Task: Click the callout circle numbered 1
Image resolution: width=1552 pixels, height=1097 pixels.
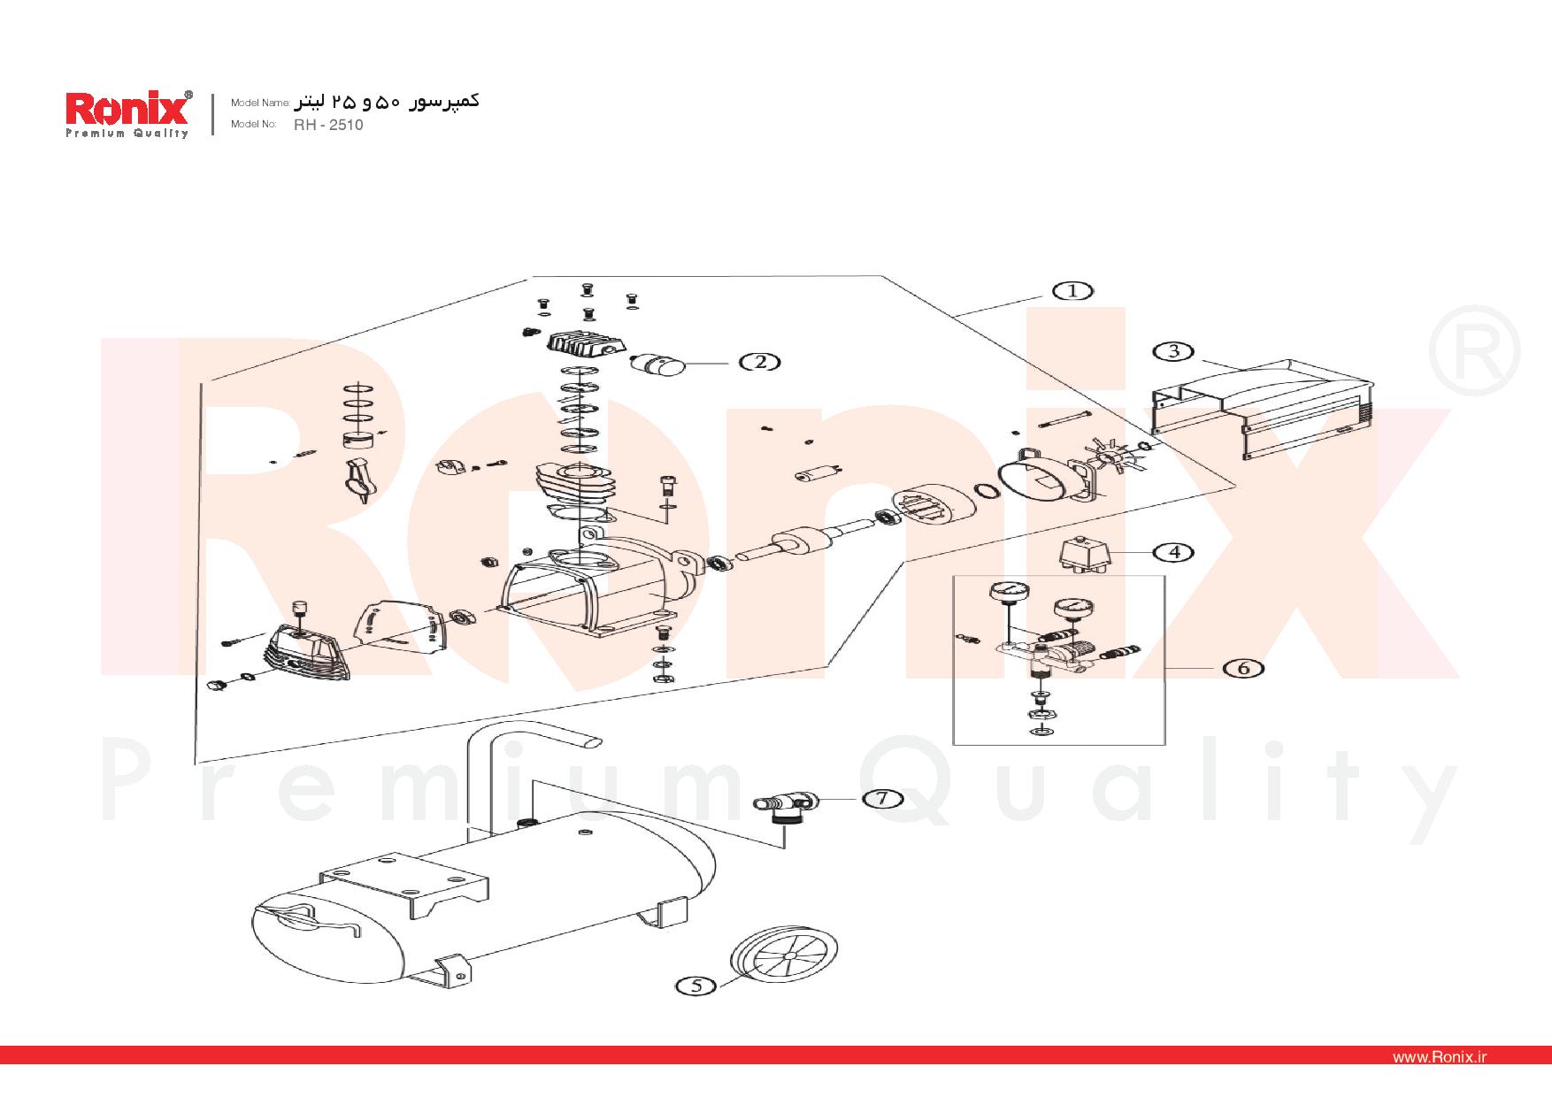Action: (x=1072, y=291)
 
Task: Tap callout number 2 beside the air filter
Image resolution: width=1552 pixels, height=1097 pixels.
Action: (x=761, y=361)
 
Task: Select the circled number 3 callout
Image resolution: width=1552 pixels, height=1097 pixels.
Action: (x=1173, y=351)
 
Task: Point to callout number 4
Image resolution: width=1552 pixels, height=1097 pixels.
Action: (x=1174, y=552)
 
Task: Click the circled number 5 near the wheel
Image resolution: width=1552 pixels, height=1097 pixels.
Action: (x=696, y=986)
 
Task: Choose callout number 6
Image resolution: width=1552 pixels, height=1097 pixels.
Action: (x=1243, y=668)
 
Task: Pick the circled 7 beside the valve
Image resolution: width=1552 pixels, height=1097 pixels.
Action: (x=881, y=799)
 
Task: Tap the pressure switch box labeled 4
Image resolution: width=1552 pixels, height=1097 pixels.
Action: (x=1085, y=557)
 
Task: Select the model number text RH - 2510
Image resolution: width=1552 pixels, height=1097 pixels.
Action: (x=328, y=125)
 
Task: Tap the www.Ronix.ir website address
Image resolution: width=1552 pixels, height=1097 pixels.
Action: (x=1439, y=1057)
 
